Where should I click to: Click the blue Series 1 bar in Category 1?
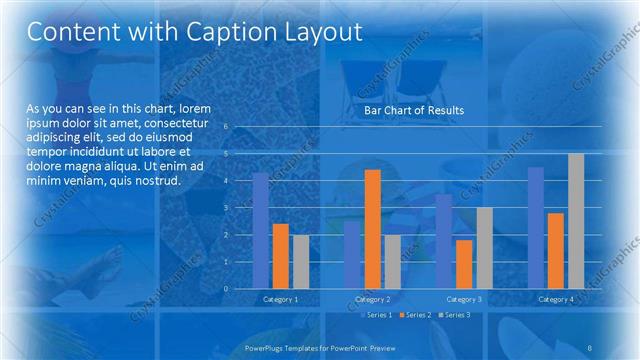[x=260, y=230]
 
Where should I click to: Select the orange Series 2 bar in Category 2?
[x=372, y=229]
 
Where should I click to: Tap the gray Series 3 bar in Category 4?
[x=576, y=221]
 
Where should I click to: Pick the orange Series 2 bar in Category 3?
[x=464, y=264]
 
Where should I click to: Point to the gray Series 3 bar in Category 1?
[x=301, y=261]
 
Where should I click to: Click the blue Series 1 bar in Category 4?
[x=536, y=227]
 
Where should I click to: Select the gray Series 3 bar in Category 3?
[x=484, y=248]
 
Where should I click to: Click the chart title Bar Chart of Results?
[x=413, y=110]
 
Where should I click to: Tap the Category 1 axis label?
[x=280, y=299]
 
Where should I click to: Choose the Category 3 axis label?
[x=464, y=299]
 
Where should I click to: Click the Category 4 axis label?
[x=556, y=299]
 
